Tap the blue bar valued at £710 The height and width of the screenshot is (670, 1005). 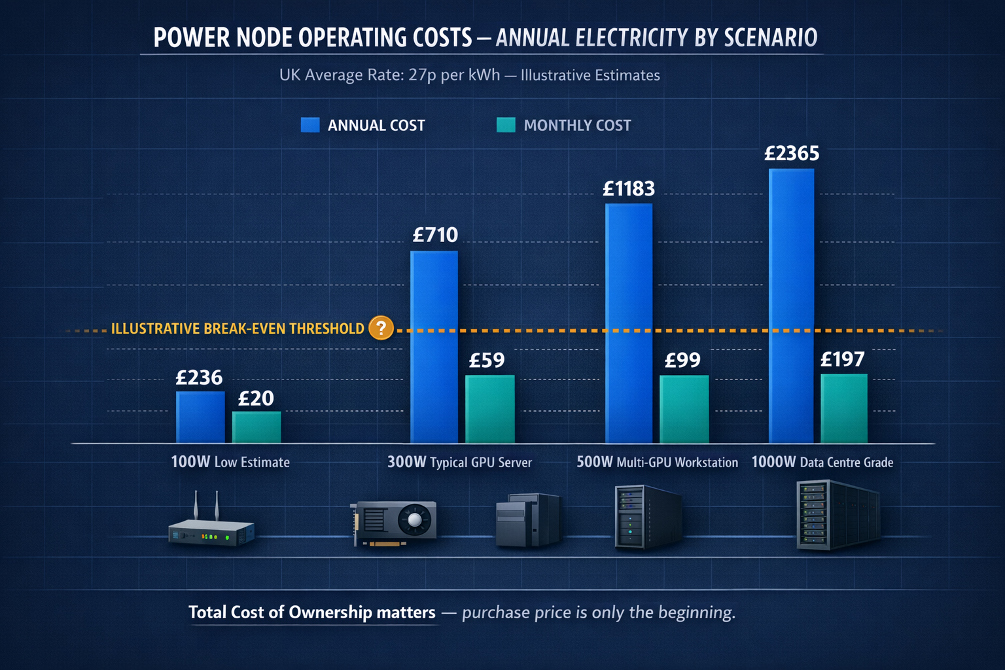pos(434,347)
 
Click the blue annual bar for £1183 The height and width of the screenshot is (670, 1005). pos(629,323)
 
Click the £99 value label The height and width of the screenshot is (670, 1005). pos(682,360)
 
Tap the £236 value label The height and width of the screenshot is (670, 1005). pos(199,378)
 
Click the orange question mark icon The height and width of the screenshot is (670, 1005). pos(381,328)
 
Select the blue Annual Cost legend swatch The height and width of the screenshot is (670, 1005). pos(310,125)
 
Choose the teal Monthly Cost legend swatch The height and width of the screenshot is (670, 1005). pos(506,125)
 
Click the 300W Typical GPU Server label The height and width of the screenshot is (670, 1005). pos(459,462)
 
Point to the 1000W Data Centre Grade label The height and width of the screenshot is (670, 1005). pos(822,462)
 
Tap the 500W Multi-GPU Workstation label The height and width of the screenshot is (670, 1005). pos(657,462)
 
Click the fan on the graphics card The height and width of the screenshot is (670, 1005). pos(415,521)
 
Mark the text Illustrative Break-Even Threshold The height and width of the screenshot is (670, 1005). pos(238,328)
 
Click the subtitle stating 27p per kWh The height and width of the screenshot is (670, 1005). pos(469,75)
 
